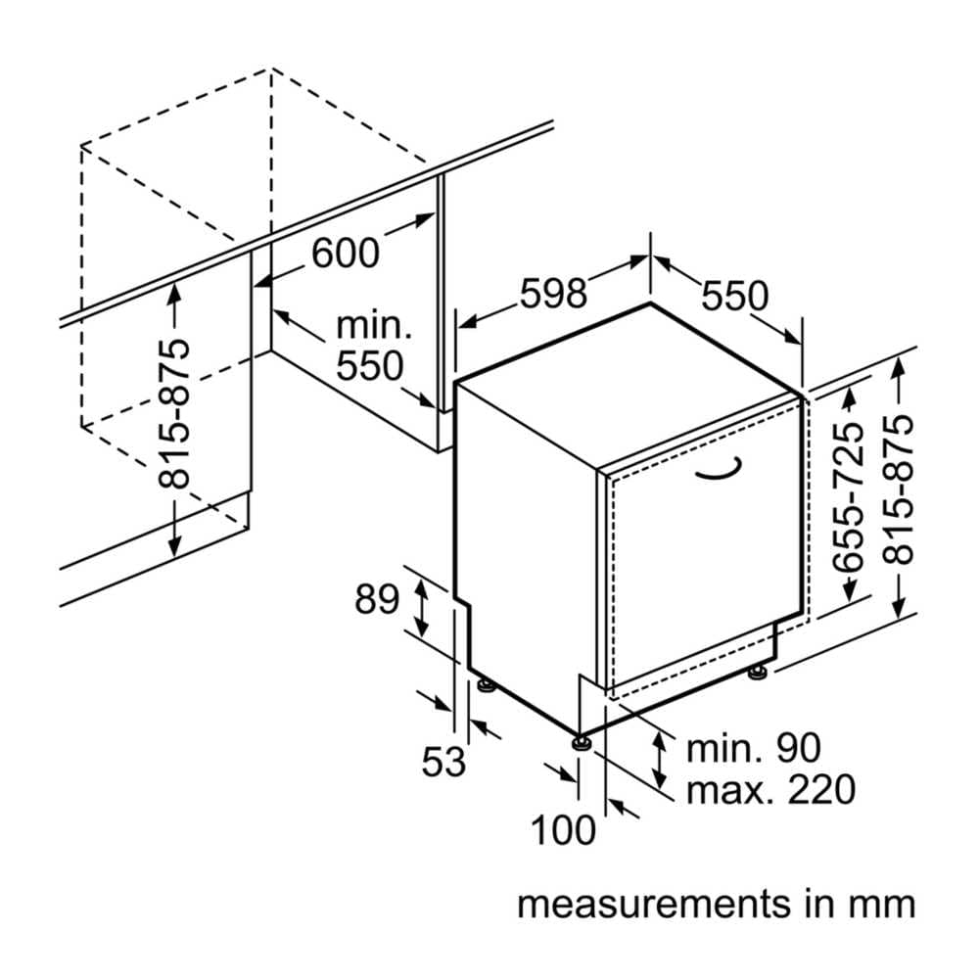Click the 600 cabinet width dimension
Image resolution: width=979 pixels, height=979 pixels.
coord(345,253)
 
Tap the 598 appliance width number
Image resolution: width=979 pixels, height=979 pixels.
coord(552,293)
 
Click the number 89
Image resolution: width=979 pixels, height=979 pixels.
coord(377,598)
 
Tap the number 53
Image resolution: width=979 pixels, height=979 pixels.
coord(443,761)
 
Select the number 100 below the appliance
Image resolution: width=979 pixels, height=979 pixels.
coord(563,830)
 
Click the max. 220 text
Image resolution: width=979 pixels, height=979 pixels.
coord(770,788)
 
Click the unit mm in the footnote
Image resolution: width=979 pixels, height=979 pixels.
coord(885,903)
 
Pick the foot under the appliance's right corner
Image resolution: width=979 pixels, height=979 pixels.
coord(758,674)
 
